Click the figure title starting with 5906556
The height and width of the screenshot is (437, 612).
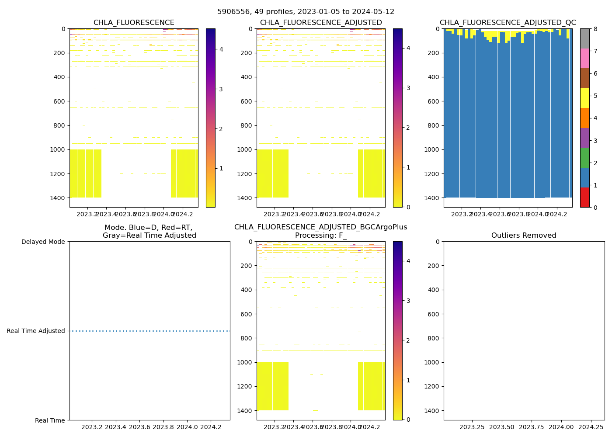[x=306, y=12]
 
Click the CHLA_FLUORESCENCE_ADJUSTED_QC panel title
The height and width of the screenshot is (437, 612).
[x=508, y=23]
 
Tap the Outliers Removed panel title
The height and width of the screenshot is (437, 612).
[x=524, y=236]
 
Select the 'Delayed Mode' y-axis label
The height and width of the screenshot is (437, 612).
[x=43, y=242]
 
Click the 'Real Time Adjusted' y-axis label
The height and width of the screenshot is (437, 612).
[x=36, y=331]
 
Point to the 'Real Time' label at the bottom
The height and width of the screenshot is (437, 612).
[x=50, y=420]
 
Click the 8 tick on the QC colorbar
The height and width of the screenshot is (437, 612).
[x=595, y=29]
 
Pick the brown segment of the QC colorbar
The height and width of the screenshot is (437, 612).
[x=584, y=78]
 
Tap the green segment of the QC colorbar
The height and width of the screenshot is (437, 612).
[x=584, y=158]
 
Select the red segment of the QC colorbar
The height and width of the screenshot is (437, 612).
[x=584, y=198]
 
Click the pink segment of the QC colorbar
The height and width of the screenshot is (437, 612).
[x=584, y=58]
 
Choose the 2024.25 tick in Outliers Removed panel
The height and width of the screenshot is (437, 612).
[x=591, y=427]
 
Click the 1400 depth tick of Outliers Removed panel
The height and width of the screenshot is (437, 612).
[x=432, y=411]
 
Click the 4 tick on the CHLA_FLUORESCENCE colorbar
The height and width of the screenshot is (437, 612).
[x=221, y=49]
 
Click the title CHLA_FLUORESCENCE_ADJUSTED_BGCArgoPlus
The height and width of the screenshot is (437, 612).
[x=320, y=227]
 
